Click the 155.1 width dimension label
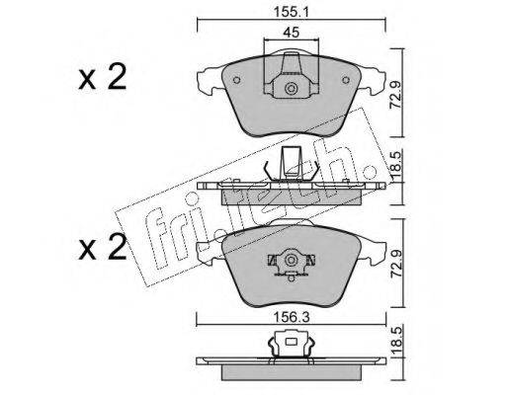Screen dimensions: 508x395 pyautogui.click(x=291, y=12)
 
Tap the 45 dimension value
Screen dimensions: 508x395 pyautogui.click(x=292, y=33)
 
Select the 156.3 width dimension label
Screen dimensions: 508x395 pyautogui.click(x=292, y=318)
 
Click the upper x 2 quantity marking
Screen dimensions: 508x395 pyautogui.click(x=102, y=77)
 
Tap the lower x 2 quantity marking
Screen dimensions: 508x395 pyautogui.click(x=102, y=247)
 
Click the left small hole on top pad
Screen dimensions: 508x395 pyautogui.click(x=236, y=80)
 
